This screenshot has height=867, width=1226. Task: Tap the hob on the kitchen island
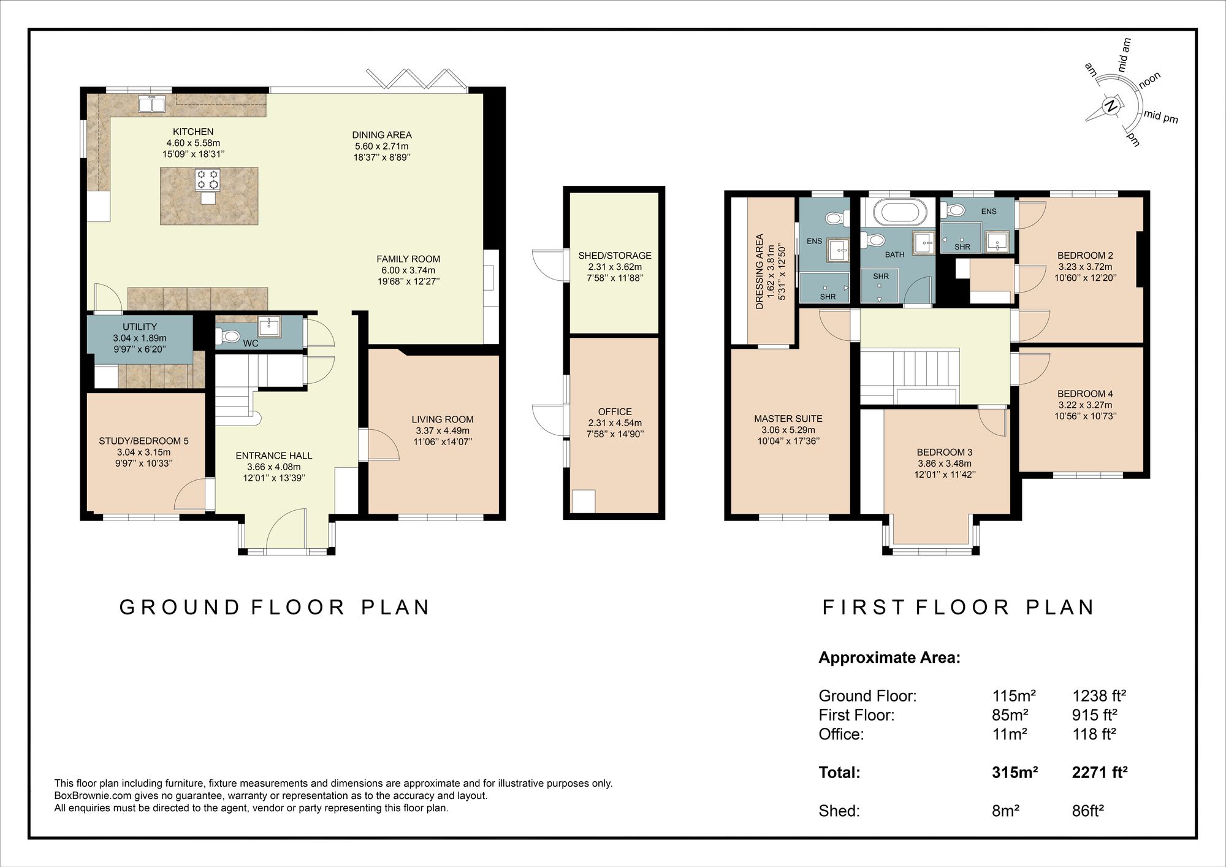click(207, 179)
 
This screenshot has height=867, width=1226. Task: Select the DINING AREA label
click(381, 135)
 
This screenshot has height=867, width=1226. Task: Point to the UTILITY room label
click(140, 327)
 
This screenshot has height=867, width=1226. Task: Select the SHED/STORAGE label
click(614, 256)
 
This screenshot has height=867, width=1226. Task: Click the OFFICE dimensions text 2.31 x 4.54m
click(614, 423)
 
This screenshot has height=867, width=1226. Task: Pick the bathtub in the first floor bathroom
click(897, 213)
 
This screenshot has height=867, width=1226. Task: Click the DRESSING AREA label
click(760, 271)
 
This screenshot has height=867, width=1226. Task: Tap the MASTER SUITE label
click(788, 419)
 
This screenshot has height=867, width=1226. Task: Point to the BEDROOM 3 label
click(944, 453)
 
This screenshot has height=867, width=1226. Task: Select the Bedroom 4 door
click(1030, 368)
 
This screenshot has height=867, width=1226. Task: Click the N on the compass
click(1110, 106)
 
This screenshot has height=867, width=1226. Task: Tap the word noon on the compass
click(1149, 80)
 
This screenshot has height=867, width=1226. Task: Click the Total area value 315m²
click(1015, 773)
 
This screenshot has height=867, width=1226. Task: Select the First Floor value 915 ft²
click(1094, 715)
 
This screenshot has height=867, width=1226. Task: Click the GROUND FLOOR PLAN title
click(274, 608)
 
